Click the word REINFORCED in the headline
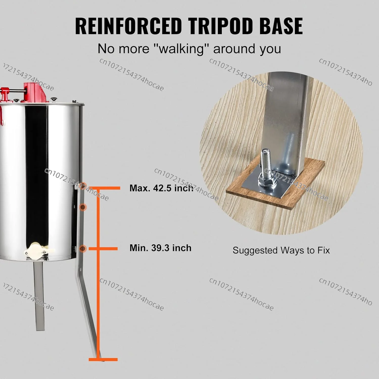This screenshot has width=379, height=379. click(x=129, y=26)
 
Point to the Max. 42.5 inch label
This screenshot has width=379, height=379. click(x=161, y=188)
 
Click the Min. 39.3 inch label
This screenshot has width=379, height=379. click(x=160, y=248)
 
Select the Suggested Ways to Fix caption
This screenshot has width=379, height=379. click(x=281, y=250)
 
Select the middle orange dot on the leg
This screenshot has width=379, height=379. click(x=83, y=207)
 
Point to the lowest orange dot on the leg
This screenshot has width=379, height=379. click(x=83, y=249)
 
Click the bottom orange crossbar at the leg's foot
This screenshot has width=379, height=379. click(x=103, y=359)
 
